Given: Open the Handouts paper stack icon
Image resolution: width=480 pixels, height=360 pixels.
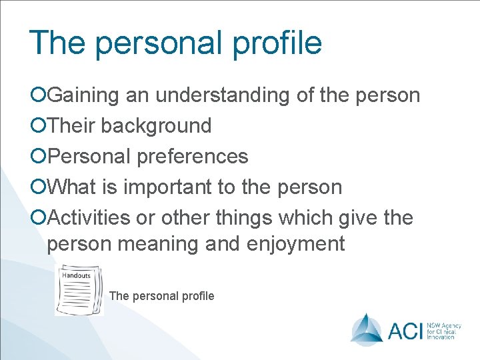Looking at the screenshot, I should click(79, 290).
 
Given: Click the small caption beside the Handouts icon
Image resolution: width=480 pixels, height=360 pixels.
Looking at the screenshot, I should click(161, 296).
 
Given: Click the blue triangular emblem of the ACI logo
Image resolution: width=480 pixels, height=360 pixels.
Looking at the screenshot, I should click(367, 329).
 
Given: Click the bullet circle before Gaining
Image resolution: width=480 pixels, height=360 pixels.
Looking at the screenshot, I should click(39, 96).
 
